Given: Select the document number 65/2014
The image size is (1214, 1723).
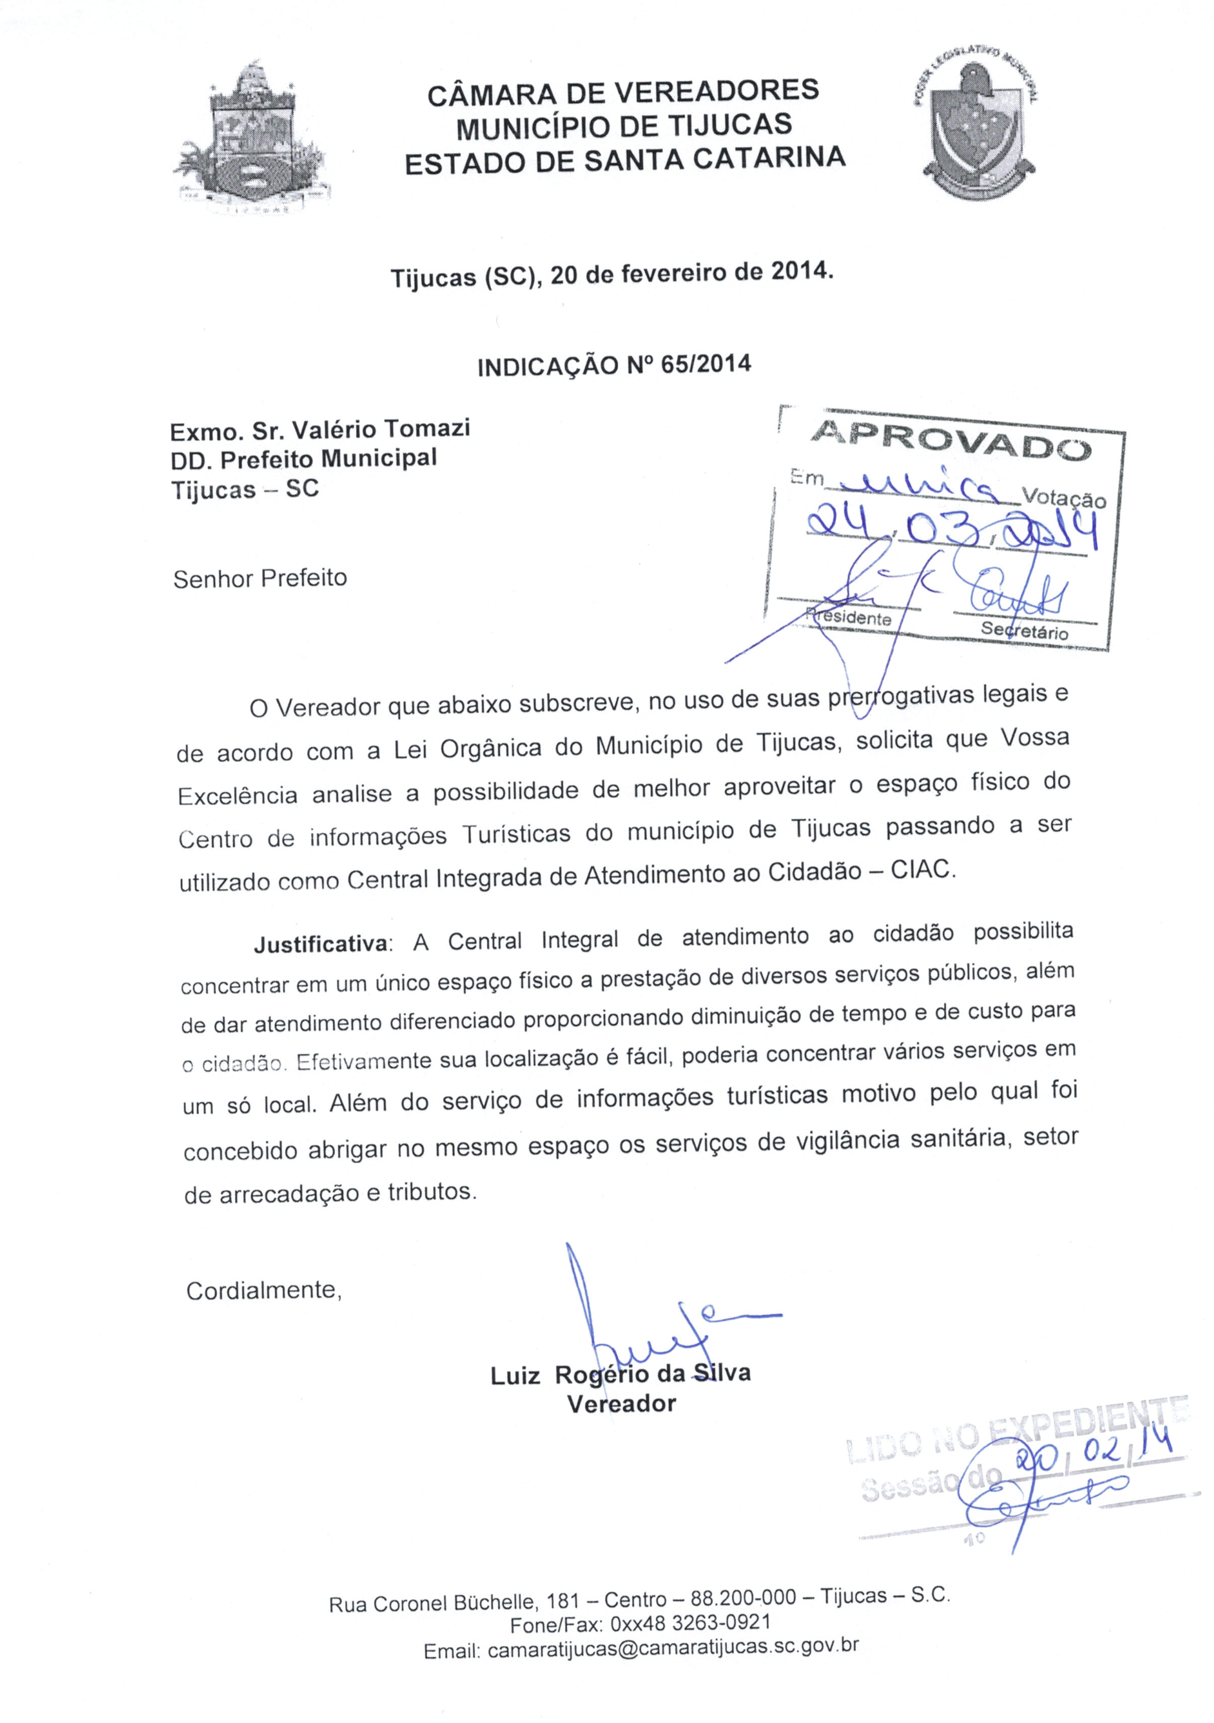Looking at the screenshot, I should pyautogui.click(x=706, y=364).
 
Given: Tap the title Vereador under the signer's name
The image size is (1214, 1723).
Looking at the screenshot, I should pyautogui.click(x=621, y=1404).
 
